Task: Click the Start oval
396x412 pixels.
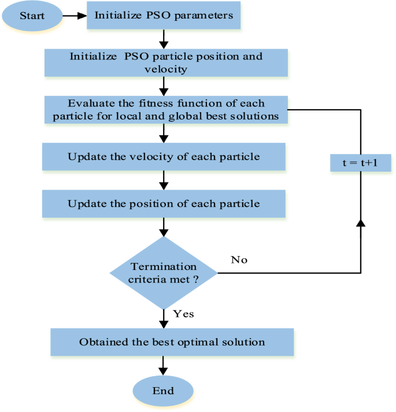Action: pos(32,16)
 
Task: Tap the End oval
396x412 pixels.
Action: pos(163,391)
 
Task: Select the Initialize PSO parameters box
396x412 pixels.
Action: pos(164,16)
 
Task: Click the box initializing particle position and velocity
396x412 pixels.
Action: pos(165,63)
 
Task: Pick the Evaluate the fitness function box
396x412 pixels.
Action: pos(165,109)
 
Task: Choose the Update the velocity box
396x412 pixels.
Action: pos(164,157)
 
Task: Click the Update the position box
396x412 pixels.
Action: pos(164,203)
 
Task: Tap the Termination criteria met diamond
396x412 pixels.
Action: pos(164,272)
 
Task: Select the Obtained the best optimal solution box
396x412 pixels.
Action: pos(172,342)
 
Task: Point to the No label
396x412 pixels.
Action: pos(239,260)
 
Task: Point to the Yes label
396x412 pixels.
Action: pos(183,314)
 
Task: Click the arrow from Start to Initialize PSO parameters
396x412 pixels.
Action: pos(74,16)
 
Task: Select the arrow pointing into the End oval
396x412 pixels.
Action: pos(164,366)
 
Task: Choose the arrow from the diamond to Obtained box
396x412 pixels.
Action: pos(164,318)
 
